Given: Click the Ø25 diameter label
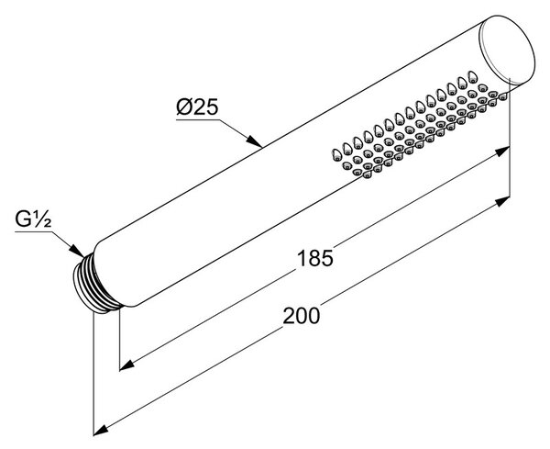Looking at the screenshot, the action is [x=197, y=107].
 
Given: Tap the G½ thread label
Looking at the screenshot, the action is [x=33, y=219].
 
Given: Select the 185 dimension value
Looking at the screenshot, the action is [x=314, y=258].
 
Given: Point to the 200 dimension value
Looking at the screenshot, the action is [x=302, y=315].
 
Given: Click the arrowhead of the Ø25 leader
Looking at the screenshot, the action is [x=254, y=140].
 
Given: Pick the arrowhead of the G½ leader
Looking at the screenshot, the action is [x=76, y=250].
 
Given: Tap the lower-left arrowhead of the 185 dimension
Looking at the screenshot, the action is [x=127, y=365].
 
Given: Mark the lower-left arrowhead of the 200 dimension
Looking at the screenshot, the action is [x=101, y=430].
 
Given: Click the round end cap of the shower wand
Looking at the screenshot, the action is [x=507, y=50].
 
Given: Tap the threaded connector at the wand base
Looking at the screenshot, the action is [x=94, y=286].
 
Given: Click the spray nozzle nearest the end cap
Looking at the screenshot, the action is [x=503, y=95].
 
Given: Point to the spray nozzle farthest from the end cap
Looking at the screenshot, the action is [x=336, y=154].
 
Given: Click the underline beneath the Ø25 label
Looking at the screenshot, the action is [x=197, y=119].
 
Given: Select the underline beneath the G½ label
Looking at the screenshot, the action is [x=33, y=231].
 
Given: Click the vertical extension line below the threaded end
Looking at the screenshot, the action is [x=93, y=374].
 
